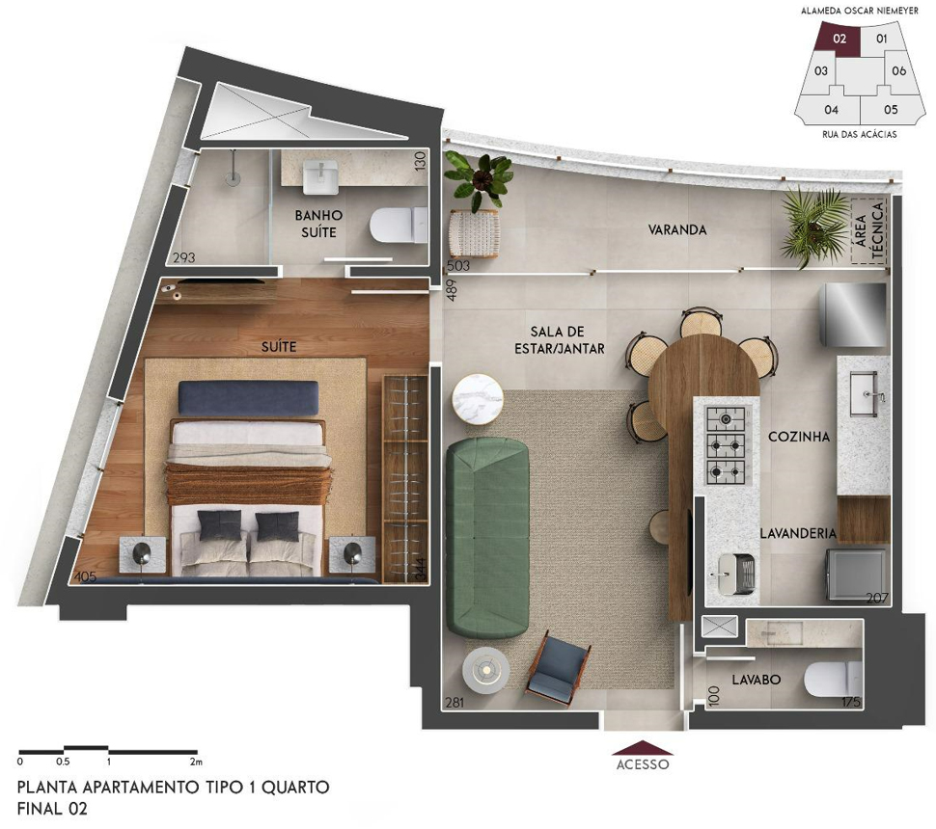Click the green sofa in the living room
pyautogui.click(x=487, y=538)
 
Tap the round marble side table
pyautogui.click(x=478, y=398)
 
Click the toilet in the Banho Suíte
pyautogui.click(x=399, y=225)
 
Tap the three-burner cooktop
pyautogui.click(x=726, y=445)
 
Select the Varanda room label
pyautogui.click(x=677, y=229)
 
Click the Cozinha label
pyautogui.click(x=799, y=437)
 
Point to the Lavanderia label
pyautogui.click(x=797, y=533)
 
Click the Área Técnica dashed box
pyautogui.click(x=869, y=230)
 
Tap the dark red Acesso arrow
pyautogui.click(x=643, y=748)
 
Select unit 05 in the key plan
pyautogui.click(x=891, y=109)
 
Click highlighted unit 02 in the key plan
pyautogui.click(x=840, y=39)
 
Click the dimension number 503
pyautogui.click(x=457, y=266)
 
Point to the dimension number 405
pyautogui.click(x=84, y=576)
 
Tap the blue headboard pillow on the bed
pyautogui.click(x=248, y=398)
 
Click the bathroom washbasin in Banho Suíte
pyautogui.click(x=320, y=176)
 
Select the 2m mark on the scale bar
pyautogui.click(x=195, y=762)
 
